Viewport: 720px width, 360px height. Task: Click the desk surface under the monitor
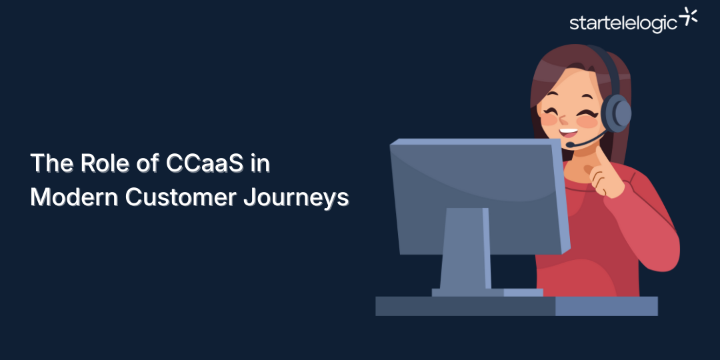click(x=467, y=306)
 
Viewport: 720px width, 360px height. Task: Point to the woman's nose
click(x=565, y=120)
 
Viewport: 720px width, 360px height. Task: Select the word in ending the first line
click(x=261, y=164)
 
